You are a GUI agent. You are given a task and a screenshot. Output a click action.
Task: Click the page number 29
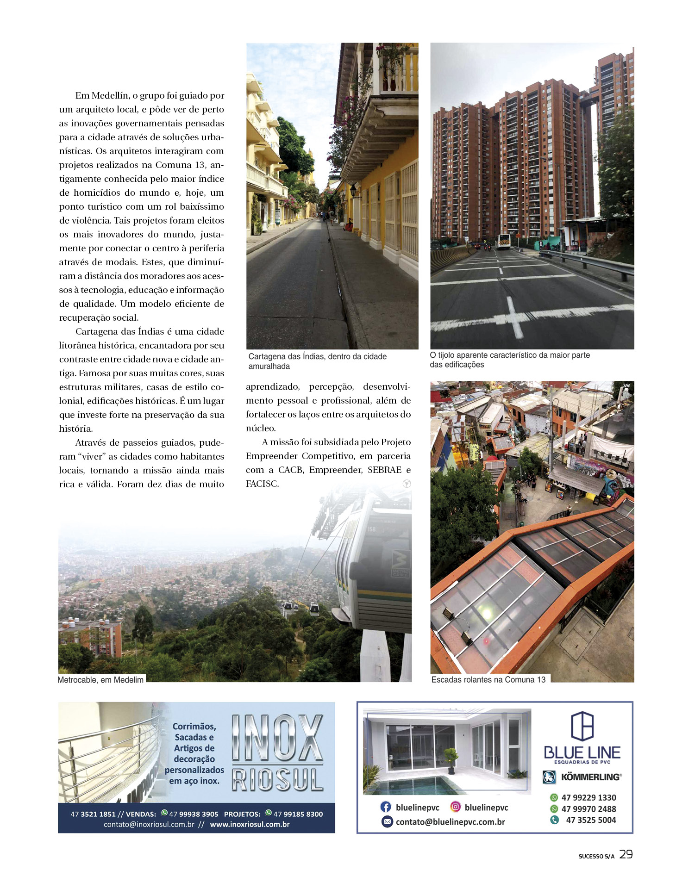(x=626, y=854)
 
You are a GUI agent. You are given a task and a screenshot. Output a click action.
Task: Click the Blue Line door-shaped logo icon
(x=582, y=726)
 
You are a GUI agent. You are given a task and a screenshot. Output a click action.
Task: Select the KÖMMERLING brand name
(x=590, y=777)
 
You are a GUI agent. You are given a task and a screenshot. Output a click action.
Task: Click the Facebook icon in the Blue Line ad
(x=385, y=807)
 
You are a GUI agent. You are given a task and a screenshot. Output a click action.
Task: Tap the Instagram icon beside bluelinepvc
(x=456, y=807)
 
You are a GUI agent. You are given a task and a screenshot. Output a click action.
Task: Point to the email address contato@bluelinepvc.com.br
(x=450, y=822)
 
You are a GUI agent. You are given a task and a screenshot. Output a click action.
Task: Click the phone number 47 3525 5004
(x=591, y=820)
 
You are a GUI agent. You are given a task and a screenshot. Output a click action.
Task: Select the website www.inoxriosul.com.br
(x=250, y=824)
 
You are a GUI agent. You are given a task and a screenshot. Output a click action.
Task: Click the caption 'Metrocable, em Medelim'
(x=100, y=680)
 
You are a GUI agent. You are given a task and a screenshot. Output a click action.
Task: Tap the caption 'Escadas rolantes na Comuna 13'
(x=488, y=679)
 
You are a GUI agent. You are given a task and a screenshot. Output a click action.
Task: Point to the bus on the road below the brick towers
(x=503, y=241)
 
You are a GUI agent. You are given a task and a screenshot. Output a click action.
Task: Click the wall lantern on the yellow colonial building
(x=354, y=190)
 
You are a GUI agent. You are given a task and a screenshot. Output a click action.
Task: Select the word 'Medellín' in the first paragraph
(x=110, y=96)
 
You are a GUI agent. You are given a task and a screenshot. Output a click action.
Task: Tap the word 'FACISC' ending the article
(x=262, y=484)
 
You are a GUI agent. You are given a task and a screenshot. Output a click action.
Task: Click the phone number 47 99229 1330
(x=588, y=797)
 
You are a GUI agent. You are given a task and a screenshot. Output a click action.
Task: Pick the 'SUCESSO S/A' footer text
(x=596, y=856)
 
